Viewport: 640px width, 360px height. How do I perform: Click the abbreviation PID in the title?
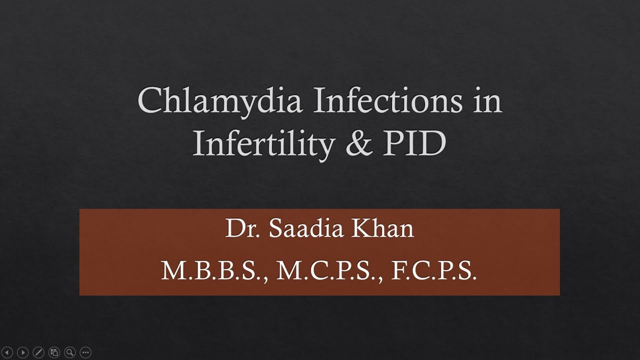414,143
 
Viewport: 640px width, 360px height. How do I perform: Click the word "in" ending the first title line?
486,100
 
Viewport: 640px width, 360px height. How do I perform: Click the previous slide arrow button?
7,352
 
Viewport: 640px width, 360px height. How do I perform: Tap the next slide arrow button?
23,352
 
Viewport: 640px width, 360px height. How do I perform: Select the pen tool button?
38,352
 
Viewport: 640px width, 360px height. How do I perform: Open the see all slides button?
54,352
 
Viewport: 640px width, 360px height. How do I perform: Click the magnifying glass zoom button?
69,352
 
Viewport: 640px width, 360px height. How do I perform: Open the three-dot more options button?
85,352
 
